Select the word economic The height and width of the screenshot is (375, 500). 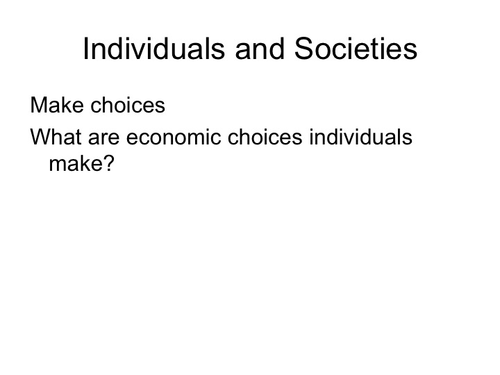171,137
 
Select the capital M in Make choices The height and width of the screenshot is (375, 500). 39,106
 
